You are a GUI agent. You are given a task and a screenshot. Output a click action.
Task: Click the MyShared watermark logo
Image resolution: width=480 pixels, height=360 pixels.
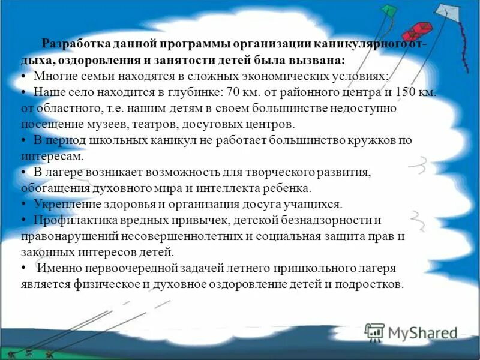click(411, 332)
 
